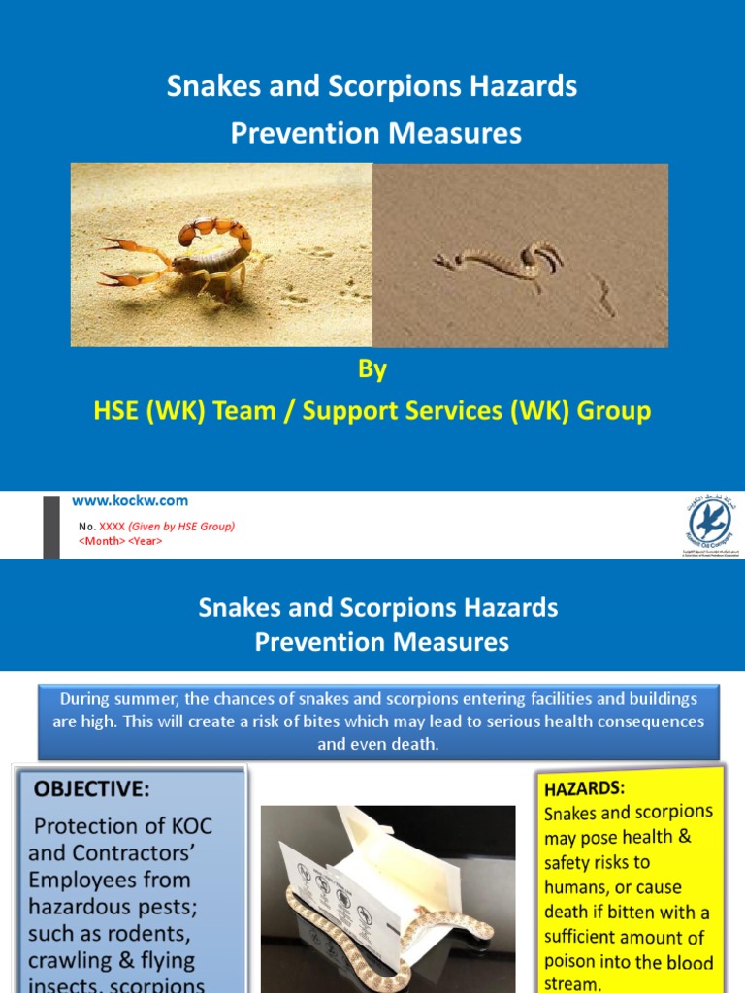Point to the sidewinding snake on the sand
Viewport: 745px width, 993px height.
(x=497, y=260)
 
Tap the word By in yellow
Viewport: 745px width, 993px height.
(x=373, y=369)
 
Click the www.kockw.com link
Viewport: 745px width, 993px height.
(x=130, y=501)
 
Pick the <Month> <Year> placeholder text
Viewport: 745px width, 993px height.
(x=120, y=541)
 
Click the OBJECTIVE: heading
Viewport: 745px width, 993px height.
(x=93, y=789)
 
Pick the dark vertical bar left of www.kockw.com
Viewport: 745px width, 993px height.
(x=51, y=525)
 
